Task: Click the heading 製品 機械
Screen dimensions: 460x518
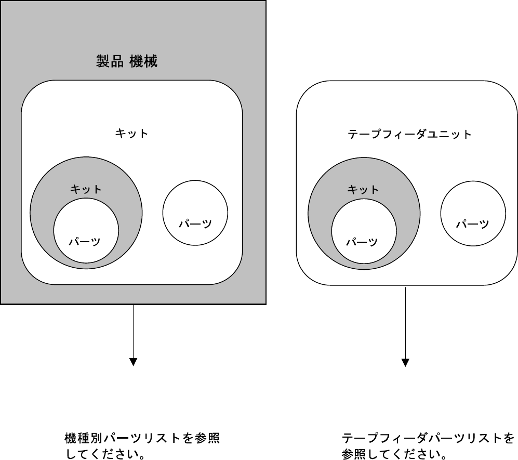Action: tap(127, 62)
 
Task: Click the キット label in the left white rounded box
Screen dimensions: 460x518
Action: tap(131, 134)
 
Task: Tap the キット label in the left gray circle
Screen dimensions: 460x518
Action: tap(86, 189)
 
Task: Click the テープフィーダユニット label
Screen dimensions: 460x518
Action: tap(409, 135)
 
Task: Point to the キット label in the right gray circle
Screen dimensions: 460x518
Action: tap(363, 189)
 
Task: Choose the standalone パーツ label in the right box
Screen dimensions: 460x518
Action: tap(473, 224)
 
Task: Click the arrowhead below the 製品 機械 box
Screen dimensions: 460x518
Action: tap(134, 362)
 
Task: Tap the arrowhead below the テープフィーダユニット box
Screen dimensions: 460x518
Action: tap(406, 362)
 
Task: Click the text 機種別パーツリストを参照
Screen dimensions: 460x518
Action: tap(142, 438)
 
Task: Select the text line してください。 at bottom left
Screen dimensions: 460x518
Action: tap(104, 454)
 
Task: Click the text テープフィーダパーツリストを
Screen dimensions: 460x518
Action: tap(428, 438)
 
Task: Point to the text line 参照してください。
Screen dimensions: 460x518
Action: tap(394, 454)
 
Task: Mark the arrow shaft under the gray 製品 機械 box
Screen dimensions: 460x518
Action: tap(134, 331)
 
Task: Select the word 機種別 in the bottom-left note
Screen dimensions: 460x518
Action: tap(80, 438)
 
